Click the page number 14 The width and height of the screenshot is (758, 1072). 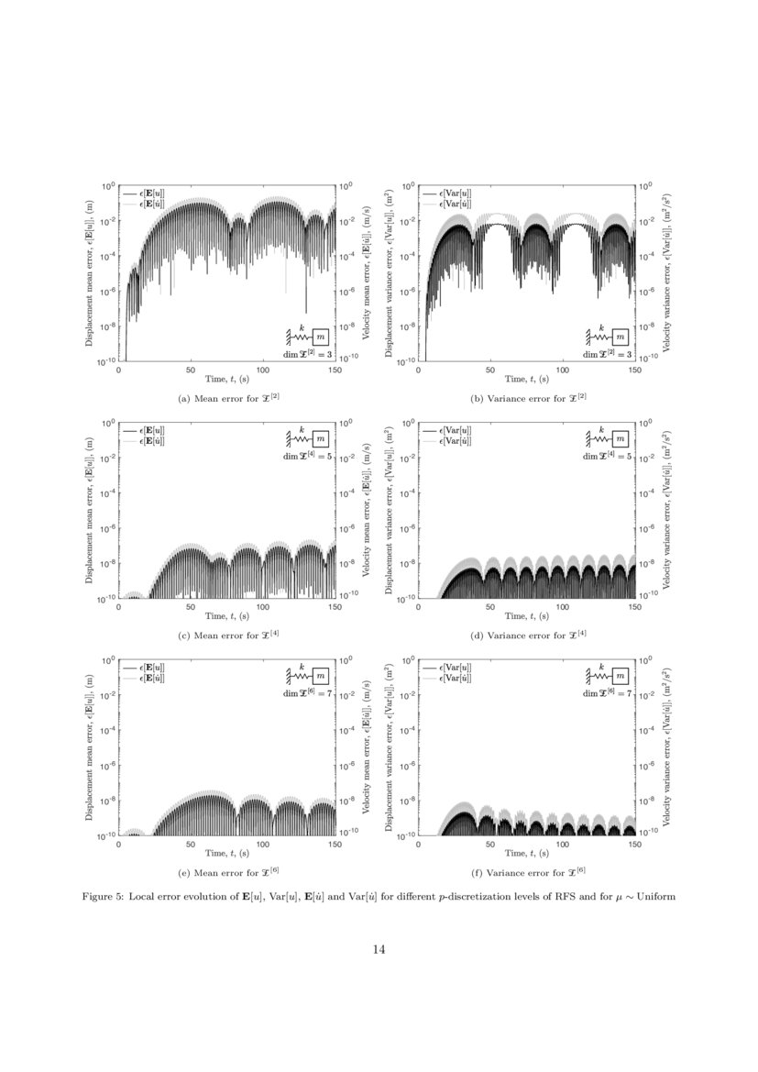point(379,949)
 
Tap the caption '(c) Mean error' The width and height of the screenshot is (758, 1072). point(227,635)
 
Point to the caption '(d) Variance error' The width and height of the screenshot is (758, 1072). point(525,635)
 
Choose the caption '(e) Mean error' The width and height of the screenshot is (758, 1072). point(227,870)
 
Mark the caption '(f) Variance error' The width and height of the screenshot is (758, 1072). point(525,870)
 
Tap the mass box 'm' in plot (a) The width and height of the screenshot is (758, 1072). point(319,338)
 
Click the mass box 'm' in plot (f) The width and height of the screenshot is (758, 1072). point(619,677)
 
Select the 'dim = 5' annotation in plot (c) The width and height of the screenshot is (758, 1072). point(306,456)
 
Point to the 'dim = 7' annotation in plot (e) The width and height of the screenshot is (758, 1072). point(306,693)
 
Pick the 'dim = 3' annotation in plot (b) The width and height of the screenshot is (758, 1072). point(605,354)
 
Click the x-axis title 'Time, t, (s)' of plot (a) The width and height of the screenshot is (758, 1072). point(227,378)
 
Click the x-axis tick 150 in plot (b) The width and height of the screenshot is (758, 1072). point(633,369)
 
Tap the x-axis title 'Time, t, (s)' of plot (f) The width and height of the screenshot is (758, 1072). point(525,852)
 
